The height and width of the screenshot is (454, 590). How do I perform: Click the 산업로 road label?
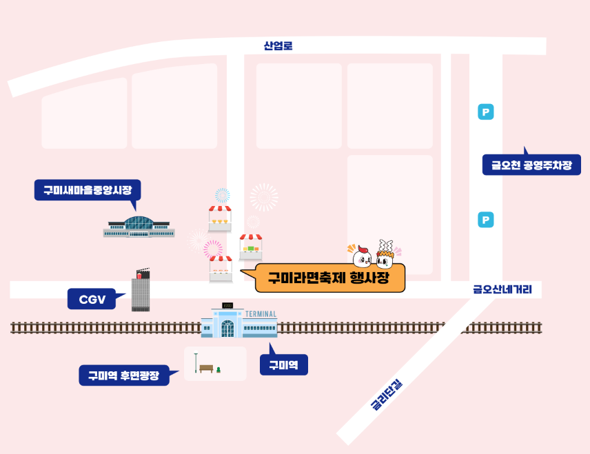(278, 46)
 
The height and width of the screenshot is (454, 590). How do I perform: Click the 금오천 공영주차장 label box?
(531, 165)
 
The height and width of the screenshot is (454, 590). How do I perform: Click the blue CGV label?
(92, 299)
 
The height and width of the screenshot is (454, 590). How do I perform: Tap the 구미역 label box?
(283, 364)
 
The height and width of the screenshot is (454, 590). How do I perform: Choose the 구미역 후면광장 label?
(124, 375)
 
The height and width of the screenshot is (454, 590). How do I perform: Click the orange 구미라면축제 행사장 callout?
(329, 278)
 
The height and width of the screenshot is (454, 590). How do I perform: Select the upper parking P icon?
(486, 112)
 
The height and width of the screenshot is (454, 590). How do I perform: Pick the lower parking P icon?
(486, 220)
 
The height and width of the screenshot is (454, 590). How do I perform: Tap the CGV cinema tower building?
(141, 292)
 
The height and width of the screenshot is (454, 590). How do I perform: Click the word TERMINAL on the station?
(261, 314)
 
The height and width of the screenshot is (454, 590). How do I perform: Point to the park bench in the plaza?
(206, 369)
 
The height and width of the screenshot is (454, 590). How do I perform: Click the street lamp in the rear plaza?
(196, 362)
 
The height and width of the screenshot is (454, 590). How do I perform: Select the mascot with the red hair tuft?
(363, 256)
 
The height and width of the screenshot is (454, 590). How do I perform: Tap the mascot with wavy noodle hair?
(385, 256)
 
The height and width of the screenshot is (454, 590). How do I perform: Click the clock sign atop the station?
(228, 305)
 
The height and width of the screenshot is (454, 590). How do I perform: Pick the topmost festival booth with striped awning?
(220, 217)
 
